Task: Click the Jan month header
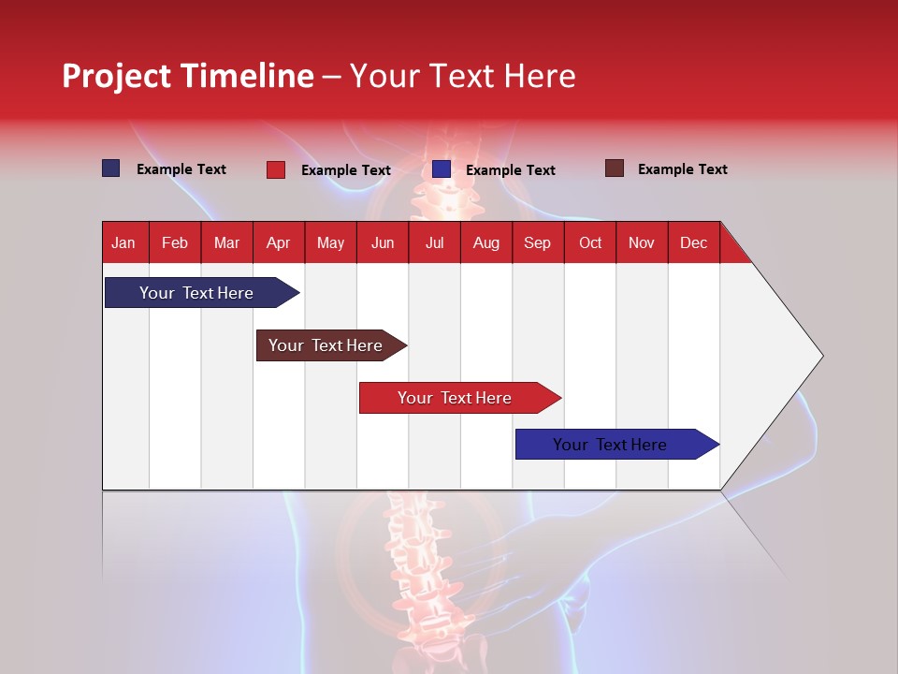click(123, 242)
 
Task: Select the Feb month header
click(175, 242)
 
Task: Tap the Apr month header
click(279, 242)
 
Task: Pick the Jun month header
click(383, 242)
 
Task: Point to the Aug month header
click(486, 242)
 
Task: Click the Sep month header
click(538, 242)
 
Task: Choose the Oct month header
click(590, 242)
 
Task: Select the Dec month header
click(694, 242)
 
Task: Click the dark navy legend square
click(111, 168)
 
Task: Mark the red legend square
click(276, 169)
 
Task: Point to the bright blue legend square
click(442, 169)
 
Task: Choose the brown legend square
click(615, 168)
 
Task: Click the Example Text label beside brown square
click(683, 169)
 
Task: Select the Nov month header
click(642, 242)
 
